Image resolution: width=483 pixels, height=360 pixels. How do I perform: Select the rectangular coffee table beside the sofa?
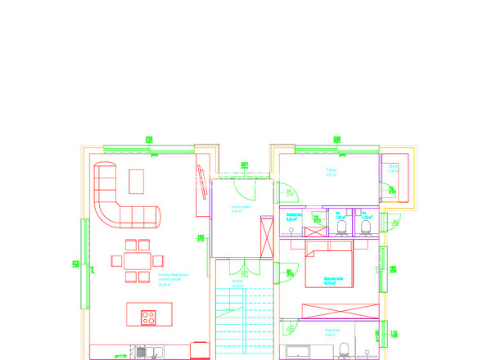pyautogui.click(x=137, y=181)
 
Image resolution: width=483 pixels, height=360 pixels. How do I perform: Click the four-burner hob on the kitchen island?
pyautogui.click(x=149, y=317)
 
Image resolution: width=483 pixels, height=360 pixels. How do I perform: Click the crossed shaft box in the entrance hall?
pyautogui.click(x=265, y=236)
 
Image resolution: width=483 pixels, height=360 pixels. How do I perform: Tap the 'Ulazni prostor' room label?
pyautogui.click(x=240, y=209)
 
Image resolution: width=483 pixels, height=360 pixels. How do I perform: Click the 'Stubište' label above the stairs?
pyautogui.click(x=237, y=281)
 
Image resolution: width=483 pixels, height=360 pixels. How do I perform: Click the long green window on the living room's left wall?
pyautogui.click(x=83, y=263)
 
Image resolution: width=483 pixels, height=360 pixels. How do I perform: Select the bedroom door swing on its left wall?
pyautogui.click(x=287, y=274)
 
